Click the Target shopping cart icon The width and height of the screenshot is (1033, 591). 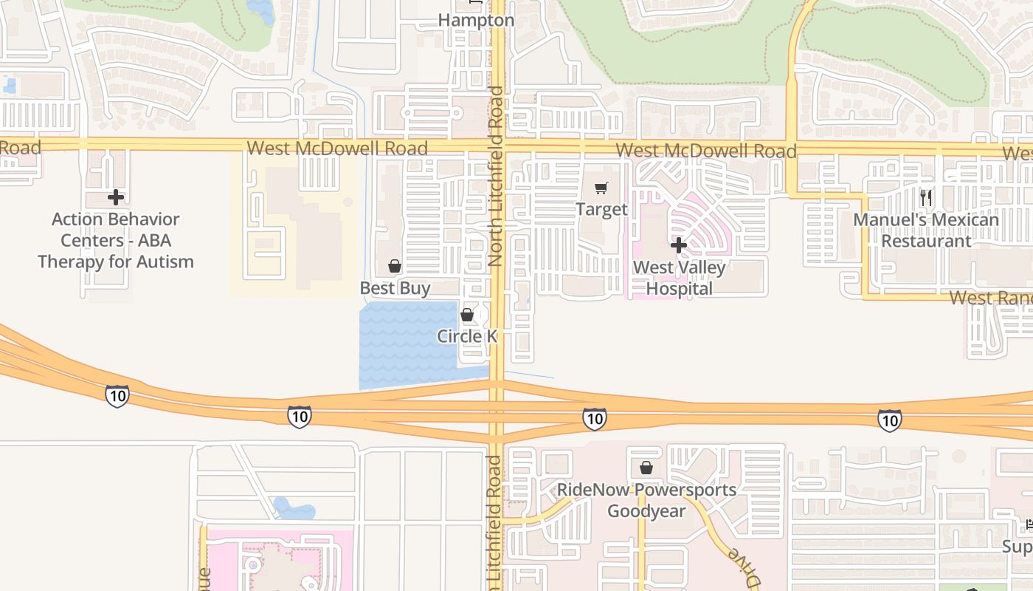(x=601, y=188)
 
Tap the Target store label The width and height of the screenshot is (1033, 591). (x=601, y=209)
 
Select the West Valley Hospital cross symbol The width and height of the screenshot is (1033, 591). (x=679, y=245)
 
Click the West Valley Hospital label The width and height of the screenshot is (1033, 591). (x=679, y=278)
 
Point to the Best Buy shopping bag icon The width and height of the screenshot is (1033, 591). (x=395, y=266)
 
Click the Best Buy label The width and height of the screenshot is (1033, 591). (x=395, y=287)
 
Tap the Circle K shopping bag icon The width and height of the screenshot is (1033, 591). (x=467, y=315)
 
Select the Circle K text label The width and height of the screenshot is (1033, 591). (x=467, y=336)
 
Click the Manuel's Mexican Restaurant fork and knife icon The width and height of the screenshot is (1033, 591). (x=926, y=197)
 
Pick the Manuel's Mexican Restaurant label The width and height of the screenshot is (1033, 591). (x=926, y=230)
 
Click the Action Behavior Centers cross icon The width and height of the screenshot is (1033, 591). (x=116, y=197)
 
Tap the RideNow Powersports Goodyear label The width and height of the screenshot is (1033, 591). (x=646, y=500)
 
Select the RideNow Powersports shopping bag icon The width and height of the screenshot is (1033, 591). (x=646, y=468)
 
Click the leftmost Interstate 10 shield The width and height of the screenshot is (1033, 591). (x=117, y=395)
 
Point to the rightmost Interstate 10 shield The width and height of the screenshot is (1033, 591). (x=889, y=420)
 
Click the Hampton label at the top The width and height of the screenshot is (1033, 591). (x=476, y=21)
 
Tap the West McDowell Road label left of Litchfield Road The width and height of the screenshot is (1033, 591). (x=337, y=148)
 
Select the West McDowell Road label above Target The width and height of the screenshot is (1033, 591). (x=706, y=151)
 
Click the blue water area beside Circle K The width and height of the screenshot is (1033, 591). (x=406, y=344)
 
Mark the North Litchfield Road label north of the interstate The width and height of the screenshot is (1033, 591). (x=496, y=177)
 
